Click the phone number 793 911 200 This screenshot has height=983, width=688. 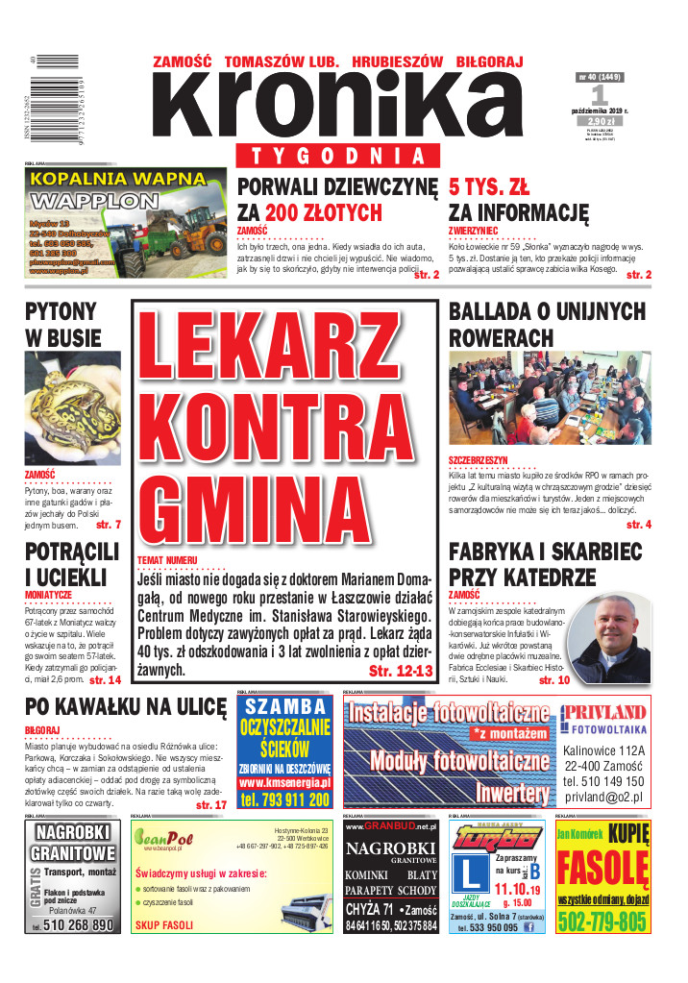[284, 799]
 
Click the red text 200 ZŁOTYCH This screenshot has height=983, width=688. [324, 212]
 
